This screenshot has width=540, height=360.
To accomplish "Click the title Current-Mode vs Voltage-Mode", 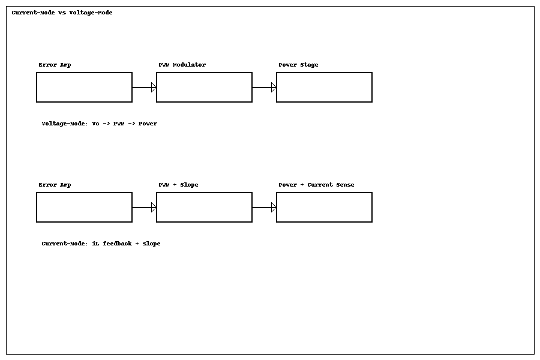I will click(62, 13).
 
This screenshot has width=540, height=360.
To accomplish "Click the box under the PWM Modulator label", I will click(204, 88).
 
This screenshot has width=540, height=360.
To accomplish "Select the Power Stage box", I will click(324, 88).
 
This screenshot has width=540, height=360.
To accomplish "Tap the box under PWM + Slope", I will click(204, 208).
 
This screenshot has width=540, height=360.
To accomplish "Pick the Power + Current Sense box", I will click(324, 208).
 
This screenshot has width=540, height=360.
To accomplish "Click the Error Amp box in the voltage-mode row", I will click(84, 88).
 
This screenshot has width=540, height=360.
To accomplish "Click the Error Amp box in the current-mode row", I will click(84, 208).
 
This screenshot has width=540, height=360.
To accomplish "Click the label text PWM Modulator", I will click(182, 65).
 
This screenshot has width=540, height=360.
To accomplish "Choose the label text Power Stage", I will click(298, 65).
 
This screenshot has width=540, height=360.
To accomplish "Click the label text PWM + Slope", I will click(178, 185).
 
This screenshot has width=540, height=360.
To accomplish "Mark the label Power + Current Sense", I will click(316, 185).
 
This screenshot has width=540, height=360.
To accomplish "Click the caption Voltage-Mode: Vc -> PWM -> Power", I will click(99, 124).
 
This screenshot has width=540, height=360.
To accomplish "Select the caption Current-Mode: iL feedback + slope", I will click(101, 244).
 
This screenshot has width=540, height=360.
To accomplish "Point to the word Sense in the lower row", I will click(344, 185).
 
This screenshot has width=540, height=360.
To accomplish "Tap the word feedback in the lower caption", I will click(117, 244).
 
